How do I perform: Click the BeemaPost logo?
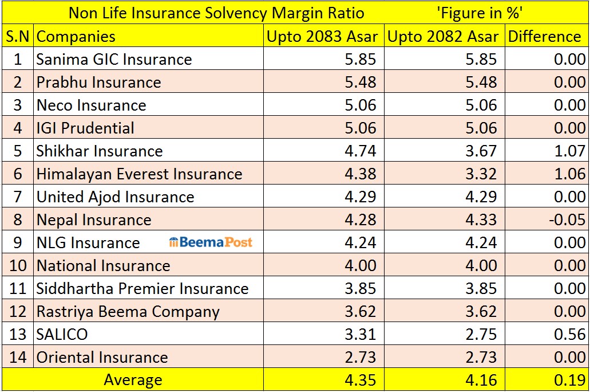pos(211,242)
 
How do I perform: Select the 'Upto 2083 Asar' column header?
pos(322,37)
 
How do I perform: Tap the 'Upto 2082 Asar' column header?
pos(443,37)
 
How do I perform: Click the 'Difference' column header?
pos(544,37)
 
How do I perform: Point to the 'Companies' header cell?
pos(76,37)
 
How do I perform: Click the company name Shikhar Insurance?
pos(100,151)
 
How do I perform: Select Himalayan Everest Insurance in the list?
pos(139,174)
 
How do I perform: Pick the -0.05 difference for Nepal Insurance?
pos(567,219)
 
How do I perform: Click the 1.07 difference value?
pos(569,151)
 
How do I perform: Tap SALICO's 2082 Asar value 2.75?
pos(481,334)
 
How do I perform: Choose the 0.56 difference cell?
pos(569,334)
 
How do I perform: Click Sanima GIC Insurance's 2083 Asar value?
pos(361,60)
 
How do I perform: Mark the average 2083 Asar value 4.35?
pos(361,381)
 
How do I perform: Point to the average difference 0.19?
pos(569,381)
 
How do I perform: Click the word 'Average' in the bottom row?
pos(133,380)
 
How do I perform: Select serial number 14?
pos(18,357)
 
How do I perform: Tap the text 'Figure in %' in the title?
pos(480,13)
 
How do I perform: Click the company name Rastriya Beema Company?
pos(128,312)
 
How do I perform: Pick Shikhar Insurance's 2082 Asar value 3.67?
pos(481,151)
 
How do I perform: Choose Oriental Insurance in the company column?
pos(102,357)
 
